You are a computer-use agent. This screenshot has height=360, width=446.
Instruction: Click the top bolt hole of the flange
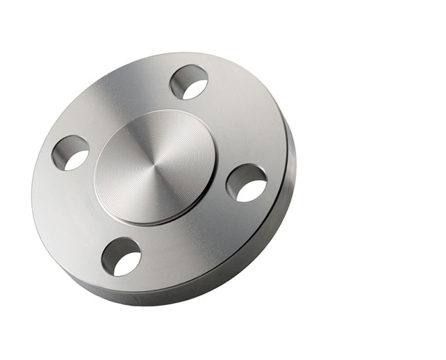point(189,81)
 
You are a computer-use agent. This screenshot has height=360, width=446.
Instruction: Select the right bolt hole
point(247,183)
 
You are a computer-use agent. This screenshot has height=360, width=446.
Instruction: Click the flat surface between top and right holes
point(240,125)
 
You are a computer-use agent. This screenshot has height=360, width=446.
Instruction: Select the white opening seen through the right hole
point(254,190)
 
